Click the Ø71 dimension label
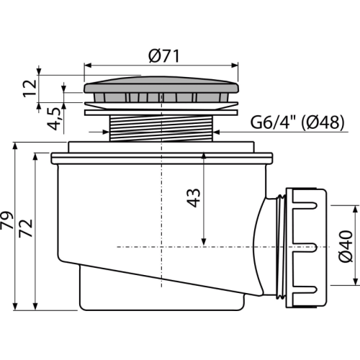coord(164,56)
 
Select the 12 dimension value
coord(30,89)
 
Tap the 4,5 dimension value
coord(53,119)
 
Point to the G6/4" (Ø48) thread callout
coord(297,122)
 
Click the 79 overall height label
coord(6,220)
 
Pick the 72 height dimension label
coord(26,228)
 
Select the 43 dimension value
coord(194,198)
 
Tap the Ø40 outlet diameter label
coord(346,246)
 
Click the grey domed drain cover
coord(161,84)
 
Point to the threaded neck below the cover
coord(161,128)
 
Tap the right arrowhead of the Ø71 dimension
coord(235,66)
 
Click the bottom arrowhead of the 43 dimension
coord(204,242)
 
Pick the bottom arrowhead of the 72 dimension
coord(35,306)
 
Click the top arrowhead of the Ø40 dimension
coord(355,210)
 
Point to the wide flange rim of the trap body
coord(161,158)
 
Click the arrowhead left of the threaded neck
coord(105,132)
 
